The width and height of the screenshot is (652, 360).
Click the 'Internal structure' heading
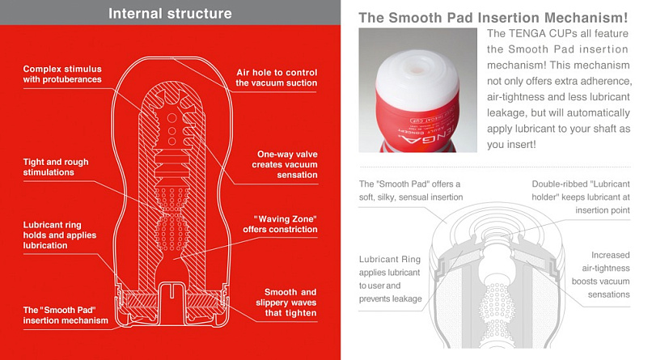pyautogui.click(x=170, y=13)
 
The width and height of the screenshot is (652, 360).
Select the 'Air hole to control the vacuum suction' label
pyautogui.click(x=276, y=77)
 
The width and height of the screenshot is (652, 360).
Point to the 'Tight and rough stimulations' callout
pyautogui.click(x=56, y=167)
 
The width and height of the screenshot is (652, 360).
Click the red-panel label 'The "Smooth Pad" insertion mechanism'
pyautogui.click(x=66, y=315)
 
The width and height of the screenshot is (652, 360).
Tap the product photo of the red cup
pyautogui.click(x=417, y=89)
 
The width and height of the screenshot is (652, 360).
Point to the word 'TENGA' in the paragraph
pyautogui.click(x=534, y=33)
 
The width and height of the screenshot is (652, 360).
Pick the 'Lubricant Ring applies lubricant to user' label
pyautogui.click(x=390, y=279)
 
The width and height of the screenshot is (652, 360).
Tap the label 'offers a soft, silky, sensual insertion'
pyautogui.click(x=411, y=190)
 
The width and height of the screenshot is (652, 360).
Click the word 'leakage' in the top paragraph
pyautogui.click(x=510, y=113)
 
